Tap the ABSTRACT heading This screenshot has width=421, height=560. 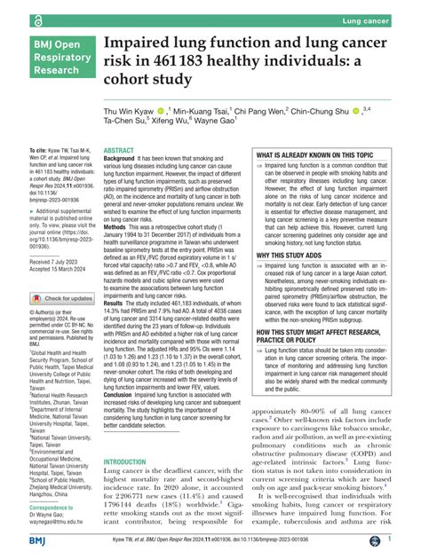point(121,153)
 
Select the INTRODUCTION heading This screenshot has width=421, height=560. point(131,462)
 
